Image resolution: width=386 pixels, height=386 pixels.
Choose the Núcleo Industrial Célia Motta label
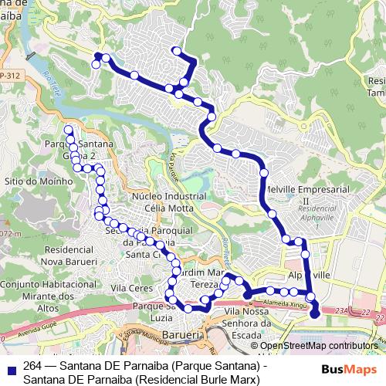[x=169, y=203]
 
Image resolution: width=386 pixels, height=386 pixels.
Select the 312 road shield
[x=11, y=75]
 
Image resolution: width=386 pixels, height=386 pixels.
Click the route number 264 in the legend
[x=33, y=366]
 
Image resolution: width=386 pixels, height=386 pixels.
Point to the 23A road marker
[x=343, y=310]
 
